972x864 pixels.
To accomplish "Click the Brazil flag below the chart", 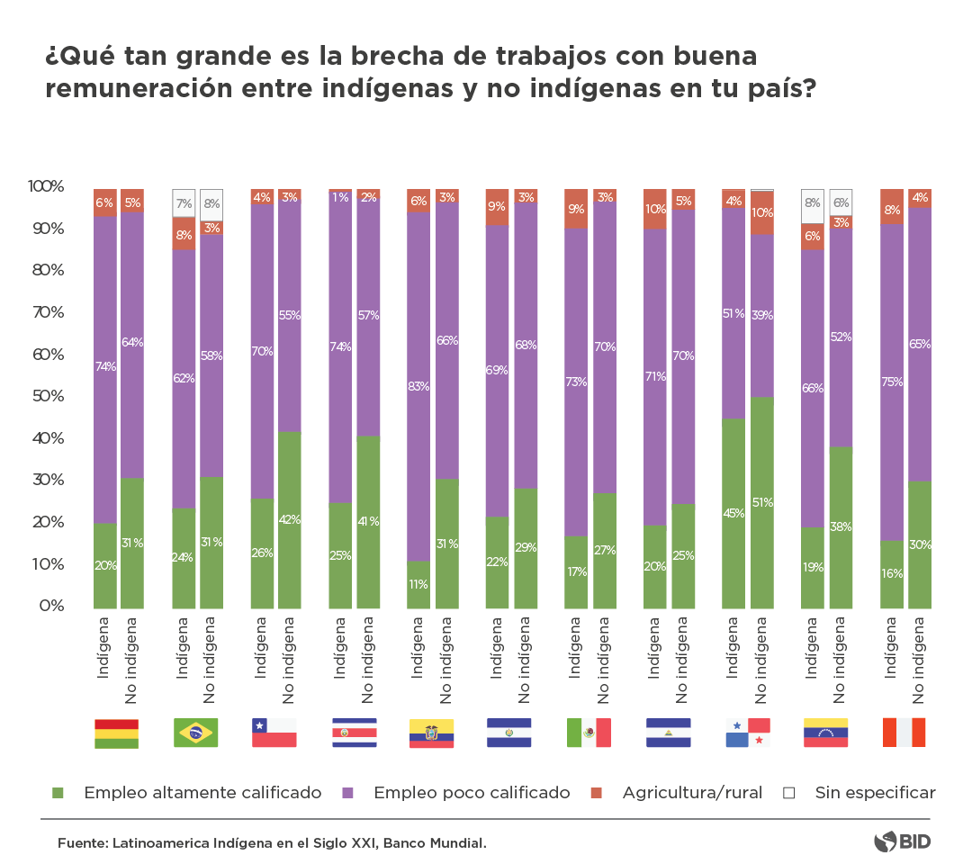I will point(195,733).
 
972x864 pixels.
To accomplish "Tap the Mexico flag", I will point(589,733).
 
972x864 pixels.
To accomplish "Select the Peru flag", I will point(904,733).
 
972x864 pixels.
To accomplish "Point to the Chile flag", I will point(274,733).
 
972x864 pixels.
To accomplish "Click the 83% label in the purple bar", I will point(418,386).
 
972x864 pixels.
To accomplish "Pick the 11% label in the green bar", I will point(418,584).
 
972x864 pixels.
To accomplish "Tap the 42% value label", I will point(290,519).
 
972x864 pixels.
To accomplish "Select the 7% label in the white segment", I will point(184,204).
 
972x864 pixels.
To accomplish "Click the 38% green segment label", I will point(841,526).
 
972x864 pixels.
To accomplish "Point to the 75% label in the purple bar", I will point(892,381).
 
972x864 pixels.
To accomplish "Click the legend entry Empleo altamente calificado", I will point(202,793).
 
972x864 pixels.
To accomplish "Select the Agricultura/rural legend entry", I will point(692,793).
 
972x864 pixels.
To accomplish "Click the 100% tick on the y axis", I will point(44,186).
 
